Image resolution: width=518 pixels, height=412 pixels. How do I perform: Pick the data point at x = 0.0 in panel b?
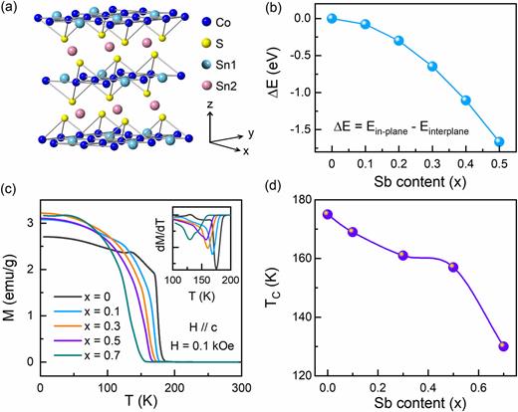(332, 18)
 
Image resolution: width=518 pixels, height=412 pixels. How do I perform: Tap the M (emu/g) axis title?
(11, 288)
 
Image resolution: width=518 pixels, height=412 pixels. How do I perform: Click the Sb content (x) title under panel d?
(417, 400)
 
